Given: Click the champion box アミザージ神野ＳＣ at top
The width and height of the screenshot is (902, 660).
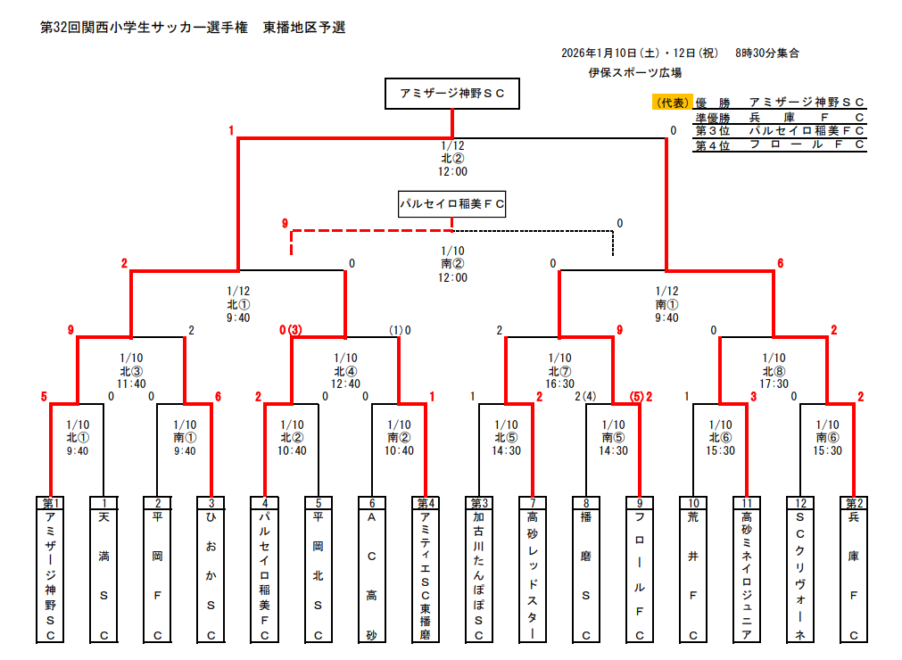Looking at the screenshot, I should (x=452, y=94).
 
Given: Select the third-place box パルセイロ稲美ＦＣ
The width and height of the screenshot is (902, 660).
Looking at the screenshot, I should (x=452, y=204).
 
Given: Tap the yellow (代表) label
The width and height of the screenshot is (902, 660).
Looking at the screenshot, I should (x=672, y=103).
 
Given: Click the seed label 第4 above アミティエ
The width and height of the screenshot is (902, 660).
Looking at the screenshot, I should (x=426, y=503).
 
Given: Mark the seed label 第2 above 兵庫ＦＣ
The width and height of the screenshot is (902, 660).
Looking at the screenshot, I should (x=854, y=503).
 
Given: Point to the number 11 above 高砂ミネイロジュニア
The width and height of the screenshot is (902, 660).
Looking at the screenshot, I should (x=747, y=503).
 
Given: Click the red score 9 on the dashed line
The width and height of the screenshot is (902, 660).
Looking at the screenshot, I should (x=285, y=223).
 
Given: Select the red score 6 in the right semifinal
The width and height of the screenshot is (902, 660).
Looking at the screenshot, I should (x=781, y=263).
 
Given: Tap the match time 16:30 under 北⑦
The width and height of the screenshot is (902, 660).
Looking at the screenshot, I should (x=559, y=384).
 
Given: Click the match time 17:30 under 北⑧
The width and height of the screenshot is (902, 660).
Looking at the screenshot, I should (x=774, y=384).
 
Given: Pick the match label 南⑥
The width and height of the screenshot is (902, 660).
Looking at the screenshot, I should (x=827, y=437).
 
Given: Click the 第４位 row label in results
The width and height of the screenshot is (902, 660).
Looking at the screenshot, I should (x=712, y=145).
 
